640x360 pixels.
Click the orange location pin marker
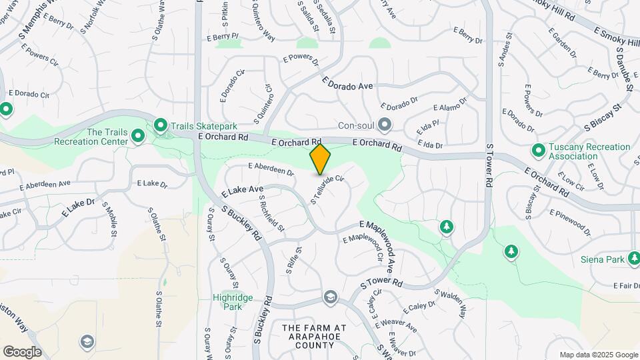click(x=321, y=159)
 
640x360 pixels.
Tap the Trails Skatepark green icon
click(x=161, y=125)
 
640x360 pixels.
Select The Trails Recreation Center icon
click(x=138, y=137)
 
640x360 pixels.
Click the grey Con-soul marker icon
click(x=384, y=125)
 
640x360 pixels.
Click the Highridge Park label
click(x=227, y=302)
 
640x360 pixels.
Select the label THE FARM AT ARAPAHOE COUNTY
click(x=314, y=337)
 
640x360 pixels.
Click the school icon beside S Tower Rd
click(x=331, y=297)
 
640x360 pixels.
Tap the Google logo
click(x=22, y=351)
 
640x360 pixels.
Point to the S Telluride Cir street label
click(x=327, y=189)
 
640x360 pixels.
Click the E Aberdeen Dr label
click(x=271, y=169)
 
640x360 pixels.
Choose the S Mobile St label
click(x=110, y=221)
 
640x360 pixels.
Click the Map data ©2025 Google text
click(x=598, y=355)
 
